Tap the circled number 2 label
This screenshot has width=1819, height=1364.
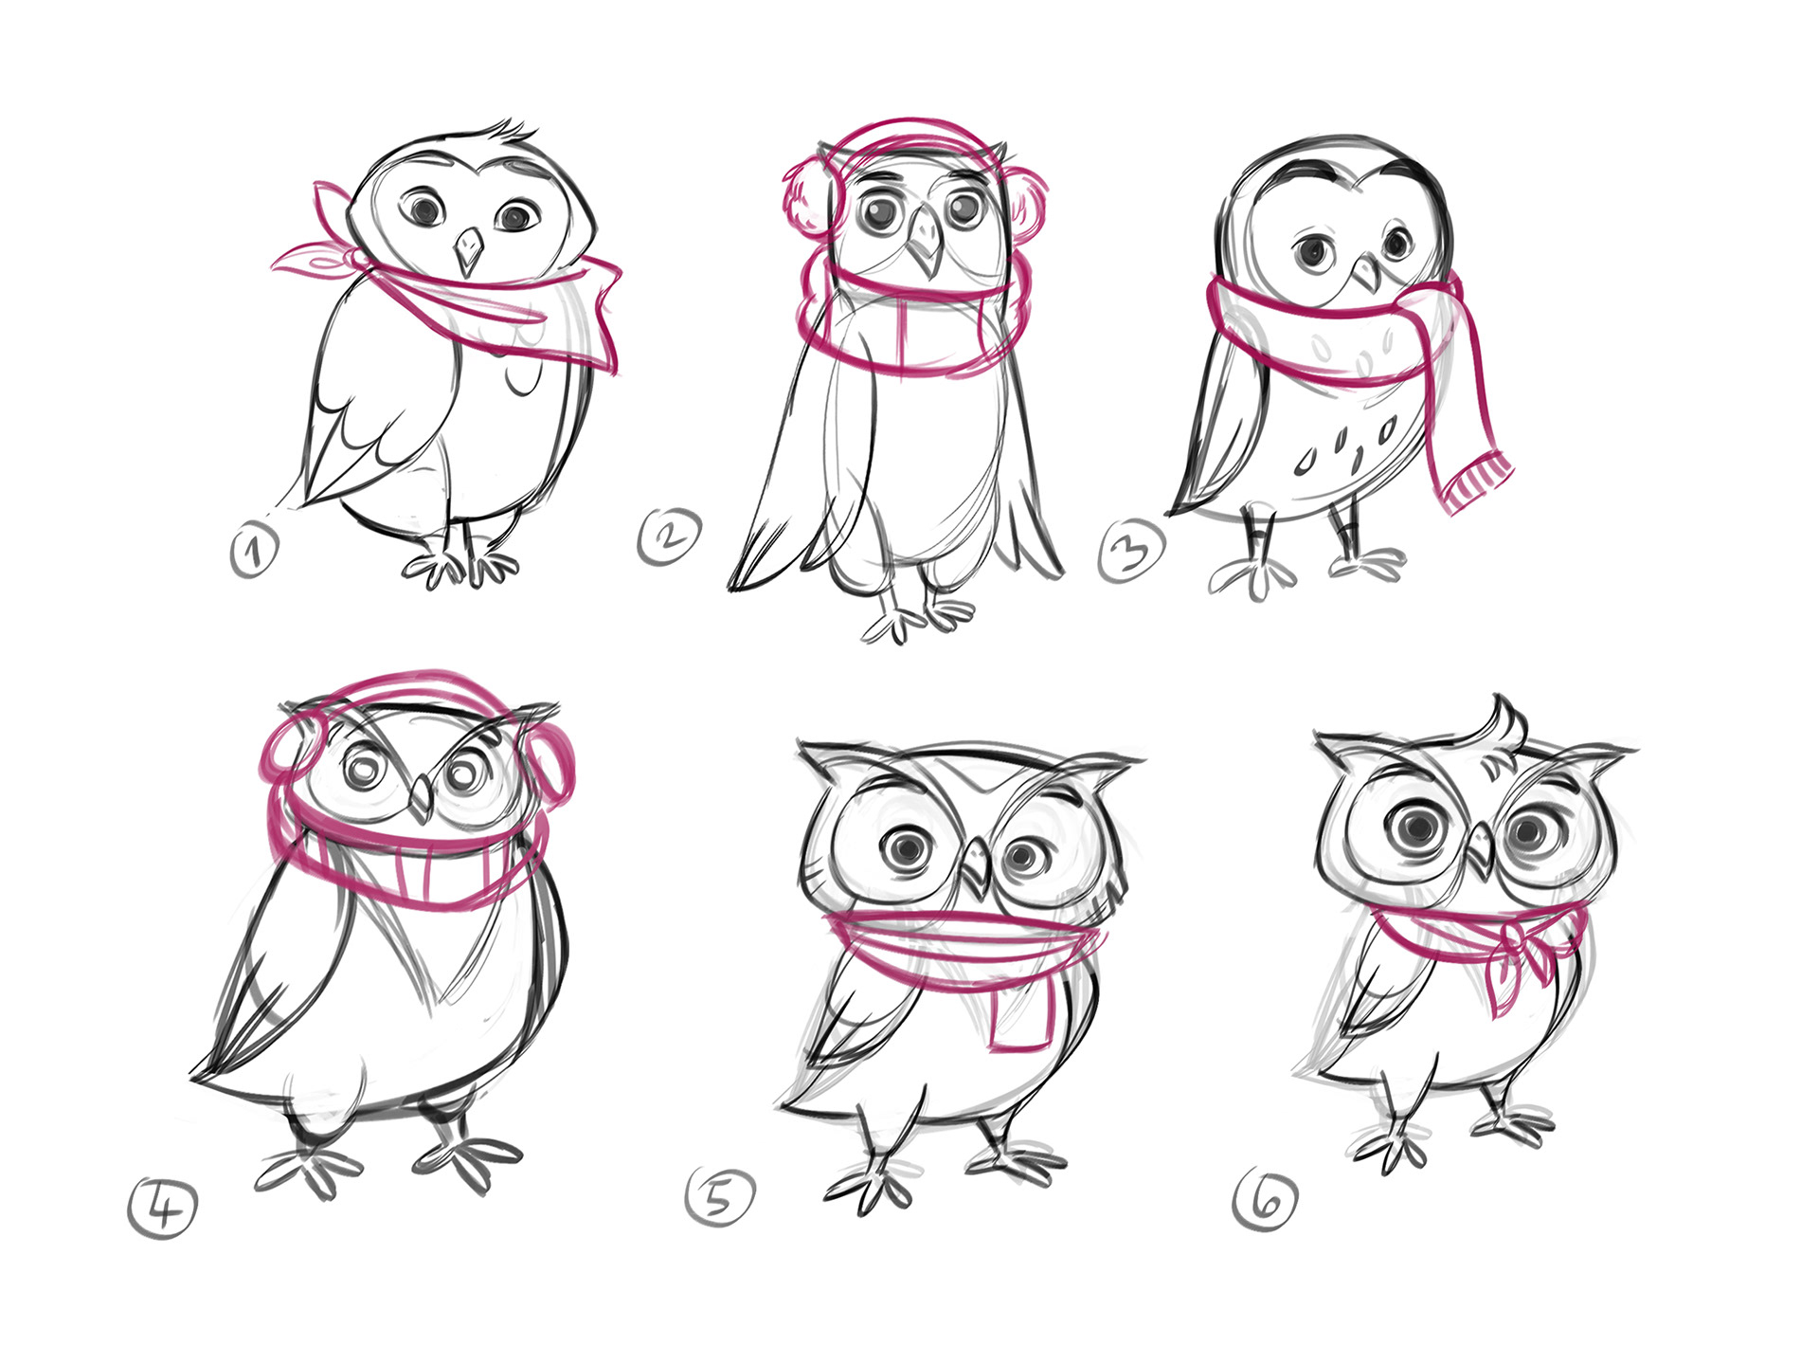click(670, 537)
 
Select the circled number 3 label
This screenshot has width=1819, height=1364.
click(1131, 550)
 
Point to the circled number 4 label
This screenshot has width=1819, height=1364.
click(163, 1208)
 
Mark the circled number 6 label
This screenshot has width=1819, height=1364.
click(1266, 1199)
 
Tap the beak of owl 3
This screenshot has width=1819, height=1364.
click(1366, 271)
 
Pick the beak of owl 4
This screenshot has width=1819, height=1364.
click(421, 798)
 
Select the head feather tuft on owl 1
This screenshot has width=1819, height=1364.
click(512, 134)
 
